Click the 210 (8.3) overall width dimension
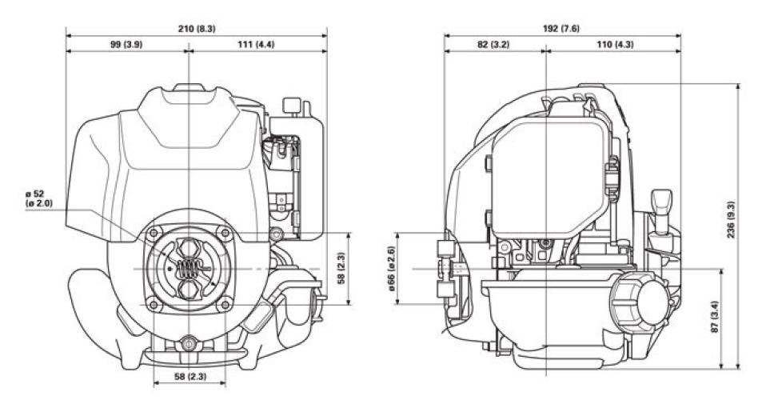(x=195, y=29)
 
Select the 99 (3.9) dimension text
(x=126, y=44)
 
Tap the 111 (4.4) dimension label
(x=256, y=44)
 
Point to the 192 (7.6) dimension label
(x=561, y=29)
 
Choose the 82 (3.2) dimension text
(x=493, y=44)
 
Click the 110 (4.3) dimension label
(x=612, y=44)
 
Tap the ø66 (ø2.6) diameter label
(x=393, y=269)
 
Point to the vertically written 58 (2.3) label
(x=340, y=269)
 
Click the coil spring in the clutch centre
(x=188, y=268)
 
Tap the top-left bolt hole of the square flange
(x=150, y=233)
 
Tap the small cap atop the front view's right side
(x=293, y=106)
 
